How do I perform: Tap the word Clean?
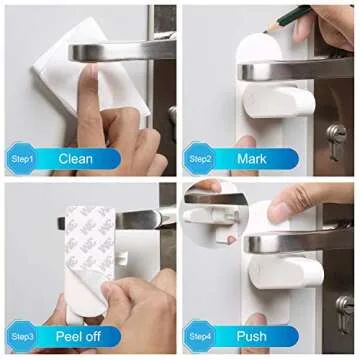pyautogui.click(x=77, y=158)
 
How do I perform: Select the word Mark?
pyautogui.click(x=251, y=158)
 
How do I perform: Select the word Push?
pyautogui.click(x=251, y=336)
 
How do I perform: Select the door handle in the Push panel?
pyautogui.click(x=300, y=242)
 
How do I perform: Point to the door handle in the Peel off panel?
pyautogui.click(x=150, y=217)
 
